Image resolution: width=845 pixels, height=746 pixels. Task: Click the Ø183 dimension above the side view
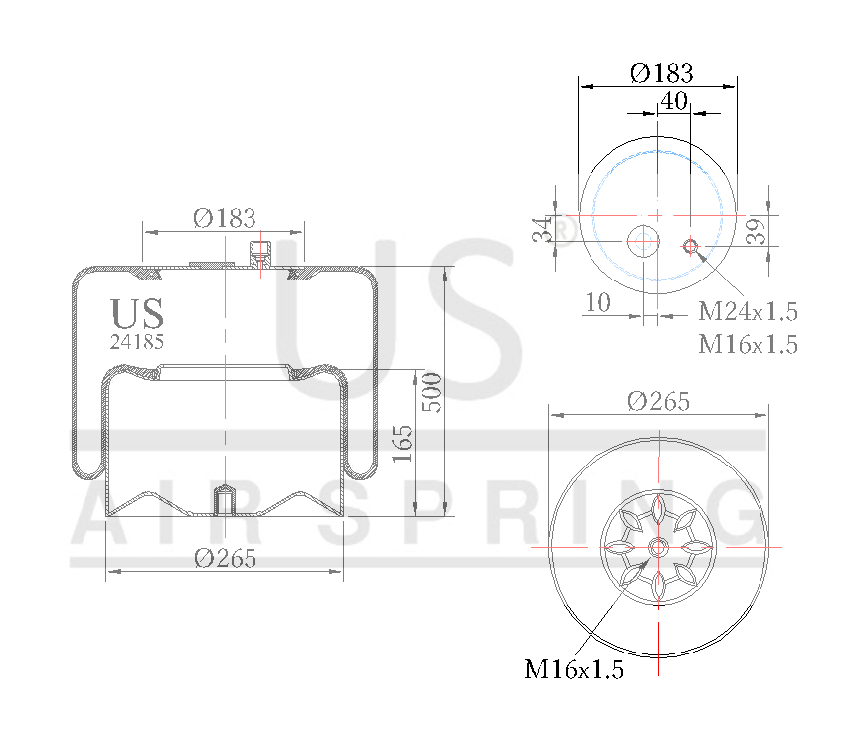[225, 218]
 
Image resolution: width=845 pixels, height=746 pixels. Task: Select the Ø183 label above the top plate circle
[661, 73]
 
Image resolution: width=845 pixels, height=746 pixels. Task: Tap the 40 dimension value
[674, 100]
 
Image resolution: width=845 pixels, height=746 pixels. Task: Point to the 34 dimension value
[542, 230]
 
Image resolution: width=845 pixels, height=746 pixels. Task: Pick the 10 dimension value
[597, 302]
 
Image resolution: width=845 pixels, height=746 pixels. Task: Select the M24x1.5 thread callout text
[748, 311]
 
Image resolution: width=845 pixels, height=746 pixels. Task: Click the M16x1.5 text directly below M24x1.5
[748, 344]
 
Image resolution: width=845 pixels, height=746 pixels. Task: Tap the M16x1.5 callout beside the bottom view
[574, 669]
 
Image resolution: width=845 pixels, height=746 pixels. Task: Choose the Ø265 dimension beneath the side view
[225, 558]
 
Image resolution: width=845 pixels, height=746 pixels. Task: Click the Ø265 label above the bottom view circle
[658, 401]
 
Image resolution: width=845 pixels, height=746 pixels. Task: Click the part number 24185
[137, 340]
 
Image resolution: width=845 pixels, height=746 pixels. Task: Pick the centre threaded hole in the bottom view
[658, 547]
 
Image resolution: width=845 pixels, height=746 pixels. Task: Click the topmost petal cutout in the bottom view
[658, 509]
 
